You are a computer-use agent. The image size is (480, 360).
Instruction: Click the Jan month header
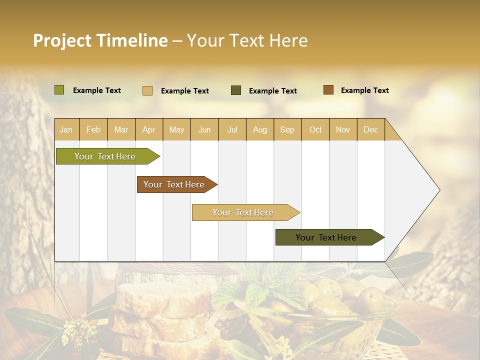pos(66,129)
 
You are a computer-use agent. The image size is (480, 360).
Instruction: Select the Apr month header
pos(148,129)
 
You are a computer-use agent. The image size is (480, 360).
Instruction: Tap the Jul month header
pos(232,129)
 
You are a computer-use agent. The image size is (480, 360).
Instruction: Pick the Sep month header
pos(287,129)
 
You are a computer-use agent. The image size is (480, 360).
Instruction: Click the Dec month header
pos(370,129)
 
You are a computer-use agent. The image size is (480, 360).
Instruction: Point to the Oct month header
pos(315,129)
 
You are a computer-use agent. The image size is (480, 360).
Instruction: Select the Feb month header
pos(93,129)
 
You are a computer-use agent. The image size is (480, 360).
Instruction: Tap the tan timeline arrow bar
pos(243,212)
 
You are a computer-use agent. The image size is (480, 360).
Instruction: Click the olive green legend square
pos(59,90)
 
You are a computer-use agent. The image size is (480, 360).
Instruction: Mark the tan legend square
pos(147,90)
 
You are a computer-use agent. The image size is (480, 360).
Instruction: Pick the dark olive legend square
pos(236,90)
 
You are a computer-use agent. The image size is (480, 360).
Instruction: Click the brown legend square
pos(328,90)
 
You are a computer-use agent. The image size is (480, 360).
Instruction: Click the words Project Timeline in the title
pos(100,40)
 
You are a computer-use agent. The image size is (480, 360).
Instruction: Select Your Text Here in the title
pos(247,40)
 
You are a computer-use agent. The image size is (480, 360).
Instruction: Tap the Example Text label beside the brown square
pos(364,90)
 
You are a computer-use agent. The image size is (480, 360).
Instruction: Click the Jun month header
pos(204,129)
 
